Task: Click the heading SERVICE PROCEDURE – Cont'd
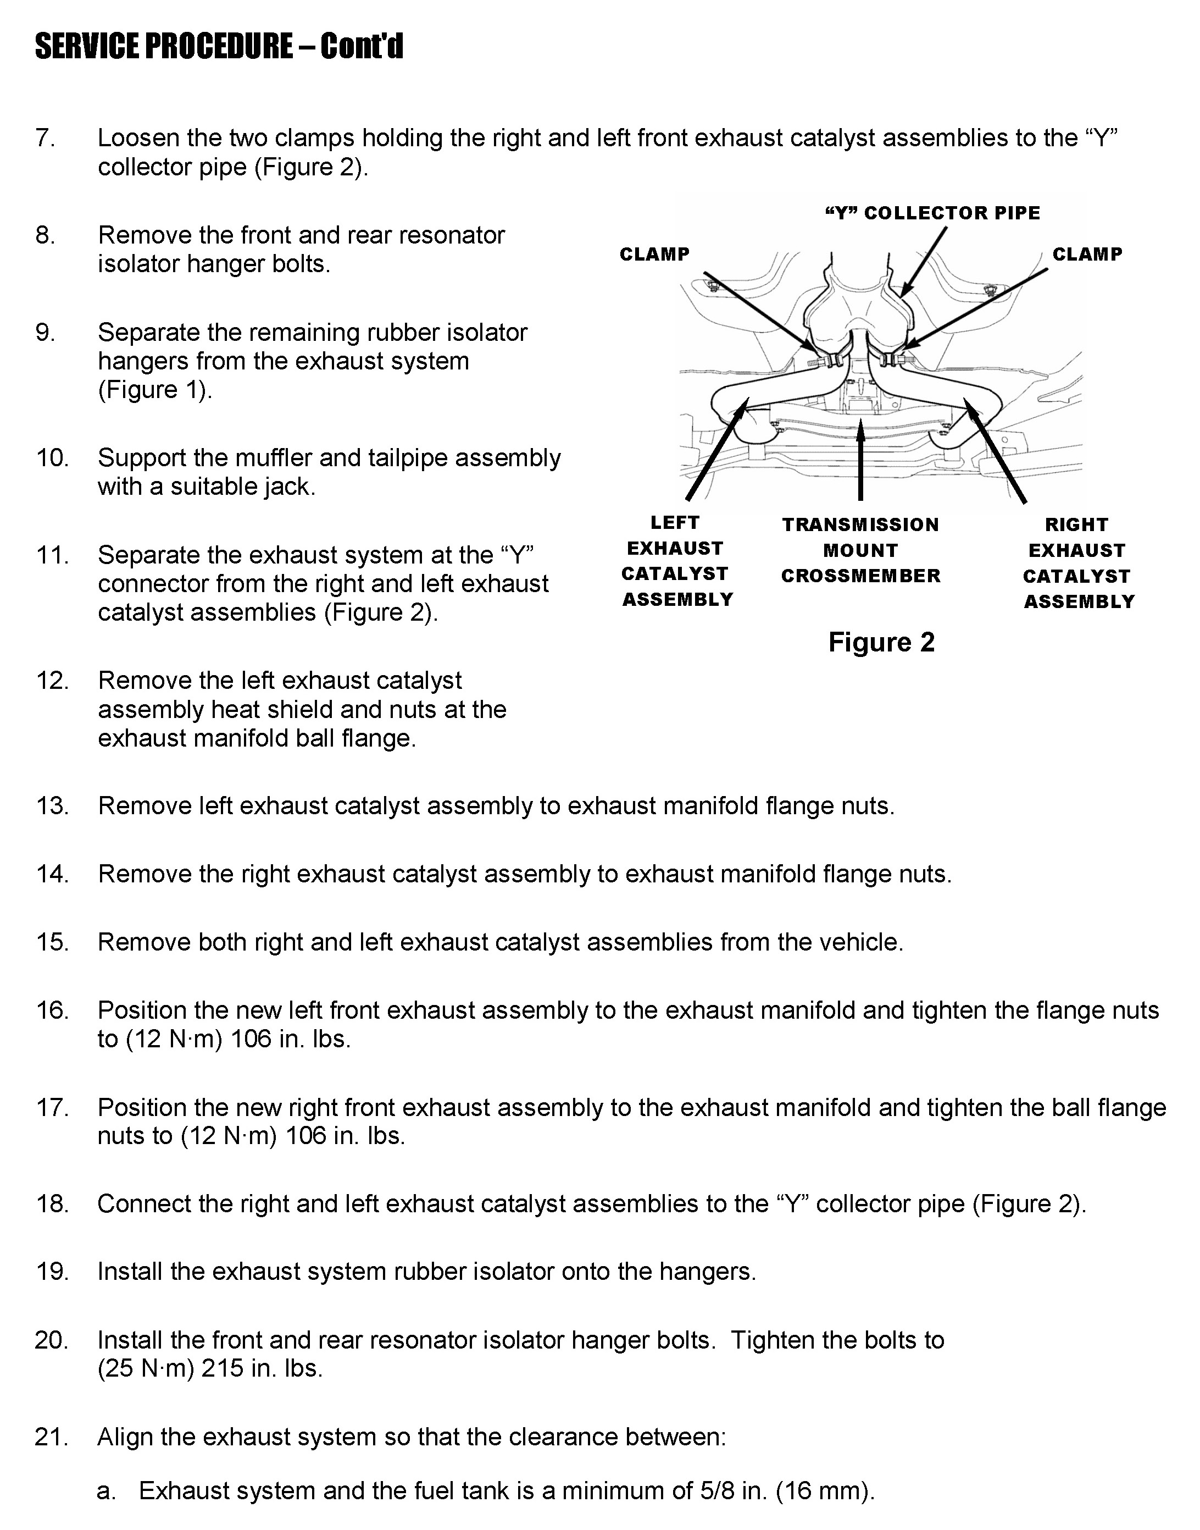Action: point(219,47)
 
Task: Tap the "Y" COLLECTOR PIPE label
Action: point(932,213)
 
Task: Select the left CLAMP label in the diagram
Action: point(654,255)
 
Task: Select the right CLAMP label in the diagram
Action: point(1087,255)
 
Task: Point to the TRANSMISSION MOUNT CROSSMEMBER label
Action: point(860,550)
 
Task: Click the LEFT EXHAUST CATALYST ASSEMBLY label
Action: point(676,561)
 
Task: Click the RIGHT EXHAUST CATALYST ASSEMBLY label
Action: point(1078,563)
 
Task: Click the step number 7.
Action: point(45,139)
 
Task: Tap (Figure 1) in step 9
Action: point(154,390)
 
